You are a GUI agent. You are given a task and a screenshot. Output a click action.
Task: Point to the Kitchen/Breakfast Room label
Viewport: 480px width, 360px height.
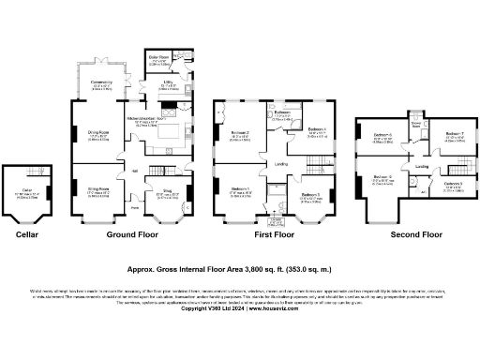pos(146,119)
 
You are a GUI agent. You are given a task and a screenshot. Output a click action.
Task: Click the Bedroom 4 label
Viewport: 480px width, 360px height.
pos(317,129)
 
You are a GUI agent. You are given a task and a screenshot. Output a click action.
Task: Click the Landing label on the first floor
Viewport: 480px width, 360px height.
pos(280,164)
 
